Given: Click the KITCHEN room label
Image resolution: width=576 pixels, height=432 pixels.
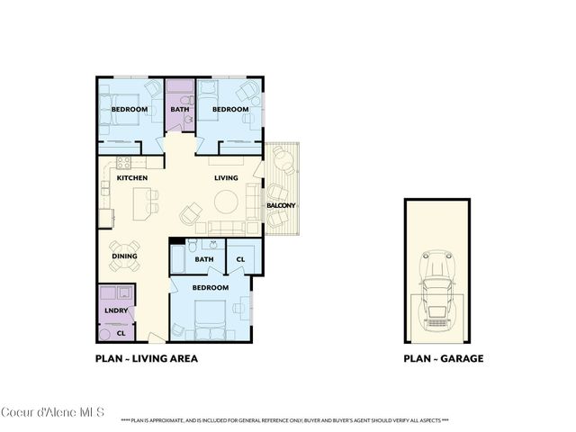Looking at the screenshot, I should click(x=131, y=178).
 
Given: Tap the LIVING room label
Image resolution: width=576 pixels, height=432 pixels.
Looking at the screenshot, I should click(x=226, y=178).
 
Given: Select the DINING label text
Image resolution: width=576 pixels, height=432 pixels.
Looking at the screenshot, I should click(x=125, y=256).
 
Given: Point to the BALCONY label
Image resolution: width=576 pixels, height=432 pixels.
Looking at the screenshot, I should click(x=281, y=206).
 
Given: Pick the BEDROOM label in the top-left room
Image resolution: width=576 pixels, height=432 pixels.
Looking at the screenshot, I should click(x=129, y=110).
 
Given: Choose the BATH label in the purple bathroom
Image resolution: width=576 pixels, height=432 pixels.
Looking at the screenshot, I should click(x=179, y=110).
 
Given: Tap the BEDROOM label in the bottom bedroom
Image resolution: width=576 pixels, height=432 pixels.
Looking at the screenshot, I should click(x=210, y=288).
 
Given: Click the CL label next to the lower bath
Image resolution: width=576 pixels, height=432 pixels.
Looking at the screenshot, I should click(x=240, y=260).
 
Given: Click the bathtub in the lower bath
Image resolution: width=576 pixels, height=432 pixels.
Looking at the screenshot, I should click(x=179, y=261).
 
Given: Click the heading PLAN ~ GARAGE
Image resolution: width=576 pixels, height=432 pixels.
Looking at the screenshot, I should click(x=444, y=358).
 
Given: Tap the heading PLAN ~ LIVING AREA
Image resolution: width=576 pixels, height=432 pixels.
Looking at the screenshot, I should click(x=147, y=358).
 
